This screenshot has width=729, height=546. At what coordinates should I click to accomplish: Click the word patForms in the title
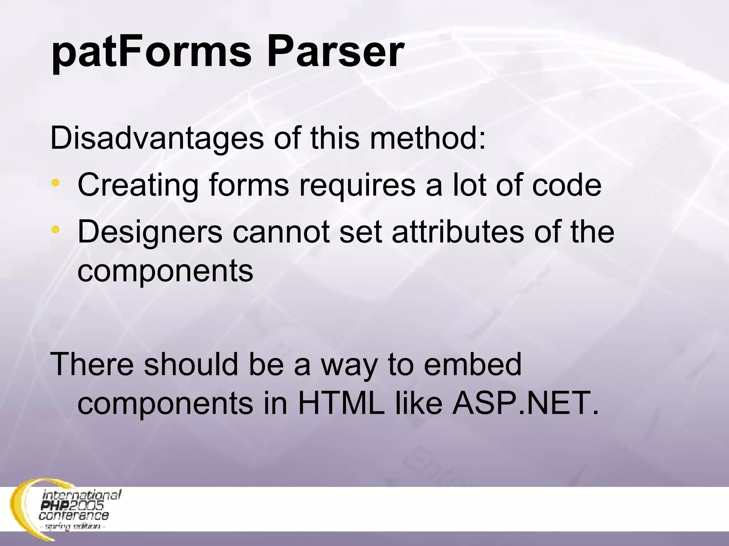click(151, 53)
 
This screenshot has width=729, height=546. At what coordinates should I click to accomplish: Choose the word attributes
click(458, 232)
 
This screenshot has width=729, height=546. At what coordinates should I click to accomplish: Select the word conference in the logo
click(74, 515)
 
